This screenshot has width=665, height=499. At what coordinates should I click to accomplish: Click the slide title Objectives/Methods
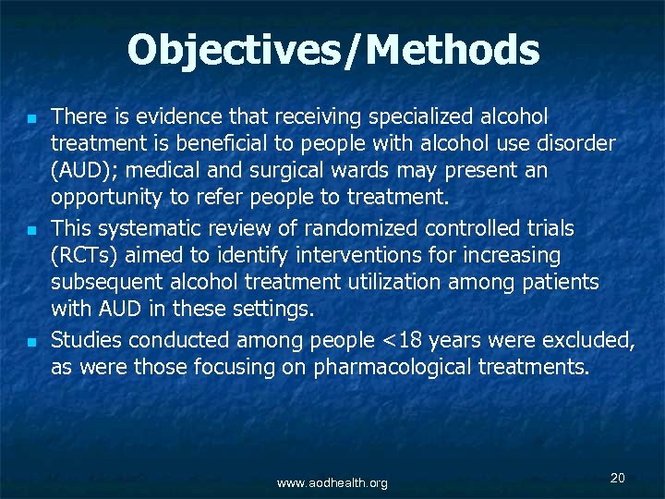click(332, 50)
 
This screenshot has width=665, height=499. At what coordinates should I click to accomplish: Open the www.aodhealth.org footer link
click(332, 483)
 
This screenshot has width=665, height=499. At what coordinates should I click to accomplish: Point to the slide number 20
click(618, 478)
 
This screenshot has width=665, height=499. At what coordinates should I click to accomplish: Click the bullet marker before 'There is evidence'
click(30, 119)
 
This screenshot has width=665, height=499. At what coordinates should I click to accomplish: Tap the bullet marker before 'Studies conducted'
click(30, 343)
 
